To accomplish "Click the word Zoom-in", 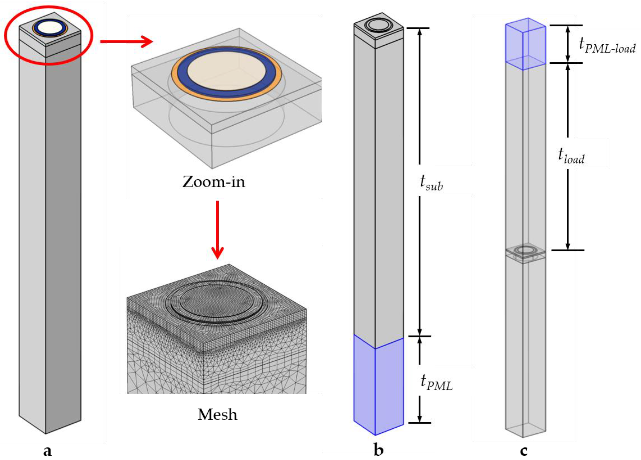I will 214,182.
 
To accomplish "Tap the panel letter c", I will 524,450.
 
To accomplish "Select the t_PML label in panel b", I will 436,382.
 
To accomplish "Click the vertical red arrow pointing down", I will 217,229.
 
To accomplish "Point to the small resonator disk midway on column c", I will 525,250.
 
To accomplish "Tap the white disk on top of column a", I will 50,28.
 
